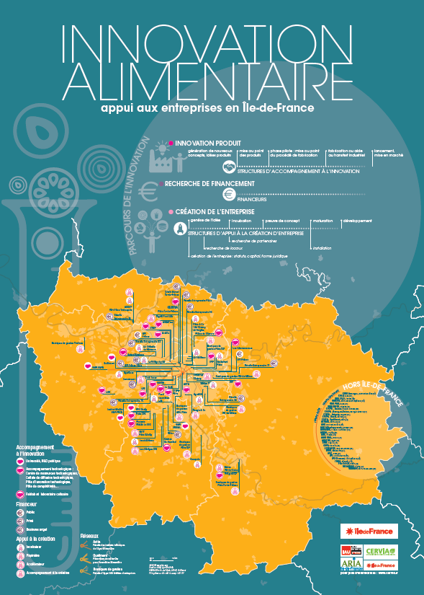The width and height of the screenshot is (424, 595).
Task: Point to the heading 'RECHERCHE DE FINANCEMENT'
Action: click(x=209, y=184)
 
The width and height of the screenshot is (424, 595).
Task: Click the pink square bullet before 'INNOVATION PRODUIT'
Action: click(x=170, y=144)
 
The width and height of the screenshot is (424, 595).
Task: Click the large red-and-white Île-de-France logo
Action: click(x=367, y=532)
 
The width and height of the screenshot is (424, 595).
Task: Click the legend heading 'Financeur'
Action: click(x=27, y=505)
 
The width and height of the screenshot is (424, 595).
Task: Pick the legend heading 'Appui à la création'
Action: click(x=36, y=539)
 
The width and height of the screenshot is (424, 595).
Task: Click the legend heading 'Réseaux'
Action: click(x=89, y=537)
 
